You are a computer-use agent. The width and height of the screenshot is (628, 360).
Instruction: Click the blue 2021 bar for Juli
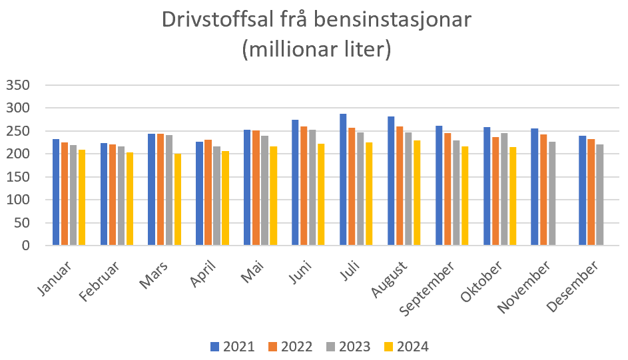(x=343, y=180)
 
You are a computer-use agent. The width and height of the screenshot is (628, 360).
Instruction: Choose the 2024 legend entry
(x=408, y=347)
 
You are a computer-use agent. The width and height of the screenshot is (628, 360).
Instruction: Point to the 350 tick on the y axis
(x=19, y=85)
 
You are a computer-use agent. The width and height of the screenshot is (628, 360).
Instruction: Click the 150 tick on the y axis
(x=19, y=177)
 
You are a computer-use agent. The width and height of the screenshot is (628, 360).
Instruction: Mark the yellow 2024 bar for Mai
(x=274, y=196)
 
